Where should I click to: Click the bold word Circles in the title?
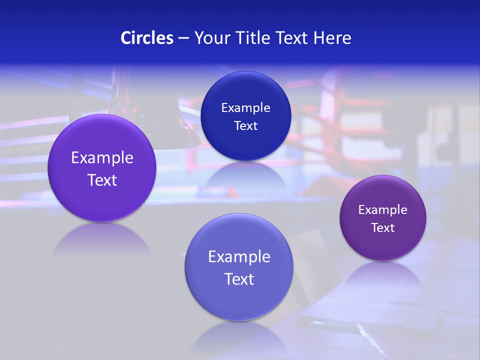[146, 38]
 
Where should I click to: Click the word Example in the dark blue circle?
[245, 107]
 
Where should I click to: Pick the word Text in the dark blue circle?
[245, 125]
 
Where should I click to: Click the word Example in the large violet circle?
[102, 158]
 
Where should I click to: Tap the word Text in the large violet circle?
[102, 180]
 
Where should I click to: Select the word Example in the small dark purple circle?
[382, 210]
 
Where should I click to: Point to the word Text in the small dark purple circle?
[382, 228]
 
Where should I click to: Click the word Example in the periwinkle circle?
[239, 257]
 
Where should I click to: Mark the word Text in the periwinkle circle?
[239, 279]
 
